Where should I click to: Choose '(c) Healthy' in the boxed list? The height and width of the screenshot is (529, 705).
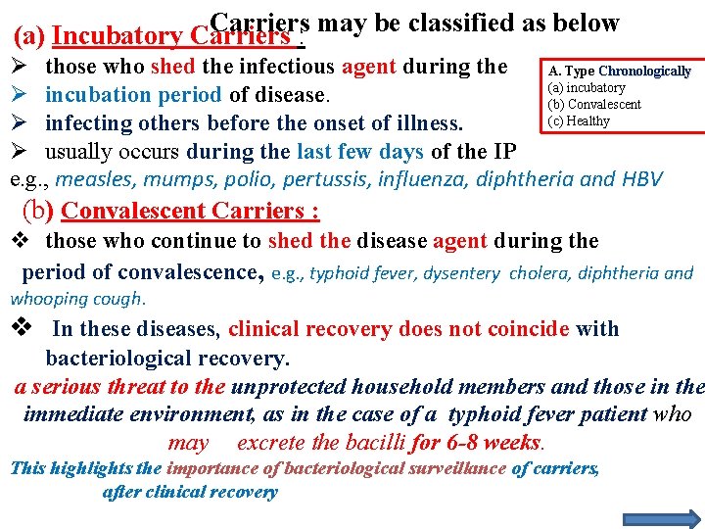click(x=579, y=121)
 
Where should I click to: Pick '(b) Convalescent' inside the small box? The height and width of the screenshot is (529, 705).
click(x=594, y=105)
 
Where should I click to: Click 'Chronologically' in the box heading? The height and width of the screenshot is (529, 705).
click(x=644, y=72)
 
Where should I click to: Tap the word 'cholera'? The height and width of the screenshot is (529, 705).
click(x=539, y=274)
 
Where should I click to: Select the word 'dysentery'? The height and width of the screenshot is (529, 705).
click(x=468, y=274)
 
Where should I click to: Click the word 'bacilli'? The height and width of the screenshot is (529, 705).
click(x=375, y=442)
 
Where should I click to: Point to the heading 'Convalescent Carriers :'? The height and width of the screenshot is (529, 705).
click(x=190, y=211)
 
